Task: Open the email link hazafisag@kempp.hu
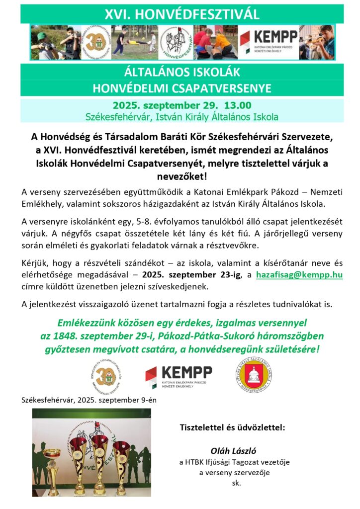(299, 274)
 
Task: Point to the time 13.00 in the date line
(238, 105)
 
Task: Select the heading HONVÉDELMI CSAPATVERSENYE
(182, 88)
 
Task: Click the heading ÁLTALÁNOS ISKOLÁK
(182, 72)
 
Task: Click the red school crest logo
(253, 376)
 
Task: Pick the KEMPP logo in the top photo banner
(269, 42)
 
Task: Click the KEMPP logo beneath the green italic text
(179, 377)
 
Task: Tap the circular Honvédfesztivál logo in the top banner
(176, 42)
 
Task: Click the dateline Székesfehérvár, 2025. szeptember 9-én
(89, 400)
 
